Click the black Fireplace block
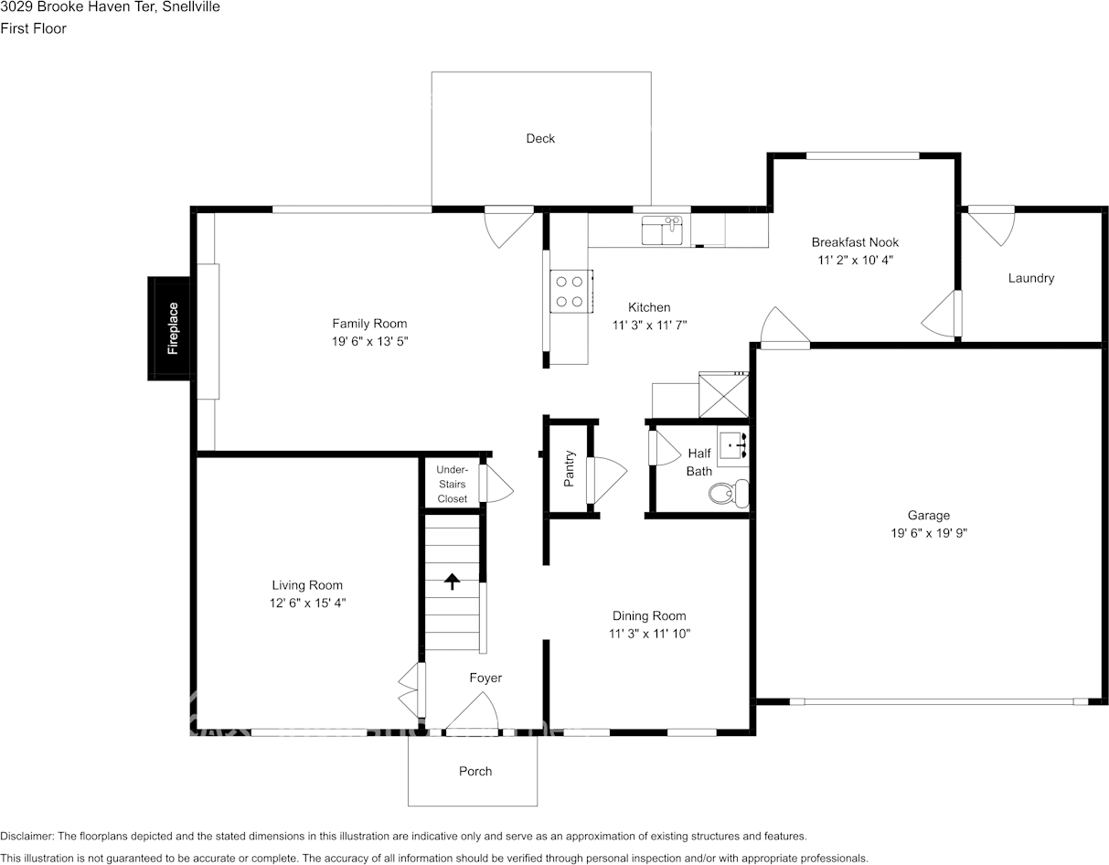point(169,328)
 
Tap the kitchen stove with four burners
point(571,291)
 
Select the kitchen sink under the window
point(662,230)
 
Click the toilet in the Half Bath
point(729,494)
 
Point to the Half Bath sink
point(733,445)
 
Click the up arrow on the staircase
point(452,582)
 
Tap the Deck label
point(540,138)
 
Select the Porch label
point(475,771)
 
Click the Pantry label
point(569,468)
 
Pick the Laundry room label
point(1031,278)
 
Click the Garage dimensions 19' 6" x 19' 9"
point(929,533)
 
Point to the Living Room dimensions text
point(307,603)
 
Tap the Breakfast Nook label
point(855,242)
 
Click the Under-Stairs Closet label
point(452,484)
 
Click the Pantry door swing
point(606,480)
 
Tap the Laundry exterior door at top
point(991,225)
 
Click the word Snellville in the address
point(191,6)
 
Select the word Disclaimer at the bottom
point(27,836)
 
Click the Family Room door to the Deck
point(509,227)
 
